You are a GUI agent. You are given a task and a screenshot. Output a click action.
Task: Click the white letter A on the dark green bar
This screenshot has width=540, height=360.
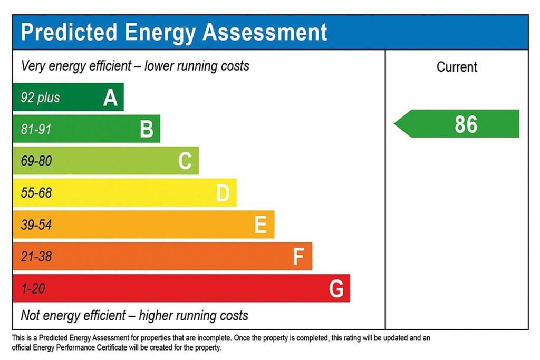click(x=110, y=98)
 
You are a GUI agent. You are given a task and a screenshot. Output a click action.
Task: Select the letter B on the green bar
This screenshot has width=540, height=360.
click(x=147, y=129)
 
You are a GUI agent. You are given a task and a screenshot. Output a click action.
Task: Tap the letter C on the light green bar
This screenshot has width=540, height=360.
click(x=185, y=161)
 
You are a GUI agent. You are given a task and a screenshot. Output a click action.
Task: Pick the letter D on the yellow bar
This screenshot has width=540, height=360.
click(x=223, y=193)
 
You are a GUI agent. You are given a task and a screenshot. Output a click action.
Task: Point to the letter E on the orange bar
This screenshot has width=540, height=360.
click(x=261, y=225)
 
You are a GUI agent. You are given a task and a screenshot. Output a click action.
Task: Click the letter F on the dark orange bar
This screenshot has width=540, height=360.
click(x=298, y=257)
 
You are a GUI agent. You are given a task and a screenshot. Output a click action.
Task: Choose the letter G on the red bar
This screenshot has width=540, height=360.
click(x=336, y=289)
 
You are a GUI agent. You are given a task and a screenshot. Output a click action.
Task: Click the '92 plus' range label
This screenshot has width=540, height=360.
click(x=40, y=98)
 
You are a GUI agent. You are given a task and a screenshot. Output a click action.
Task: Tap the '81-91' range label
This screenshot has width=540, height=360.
click(x=36, y=129)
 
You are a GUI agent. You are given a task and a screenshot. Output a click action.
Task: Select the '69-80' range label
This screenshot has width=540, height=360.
click(x=36, y=161)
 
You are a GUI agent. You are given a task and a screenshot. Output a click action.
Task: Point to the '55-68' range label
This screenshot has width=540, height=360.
click(x=36, y=193)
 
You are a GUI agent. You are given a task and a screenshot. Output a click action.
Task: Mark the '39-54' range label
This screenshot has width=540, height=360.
click(x=36, y=225)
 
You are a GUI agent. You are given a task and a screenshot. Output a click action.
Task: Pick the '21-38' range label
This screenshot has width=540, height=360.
click(x=36, y=257)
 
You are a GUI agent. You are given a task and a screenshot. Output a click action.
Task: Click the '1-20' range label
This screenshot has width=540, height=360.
click(x=33, y=289)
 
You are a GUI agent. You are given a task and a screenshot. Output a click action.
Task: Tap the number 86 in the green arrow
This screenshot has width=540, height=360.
click(x=466, y=124)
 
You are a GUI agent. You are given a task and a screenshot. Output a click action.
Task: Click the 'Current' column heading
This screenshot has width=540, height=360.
click(x=457, y=67)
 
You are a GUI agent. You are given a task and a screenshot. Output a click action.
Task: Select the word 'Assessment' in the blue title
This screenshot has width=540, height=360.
click(x=265, y=32)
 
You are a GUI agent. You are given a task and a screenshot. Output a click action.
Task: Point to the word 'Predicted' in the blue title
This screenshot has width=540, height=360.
click(x=69, y=32)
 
